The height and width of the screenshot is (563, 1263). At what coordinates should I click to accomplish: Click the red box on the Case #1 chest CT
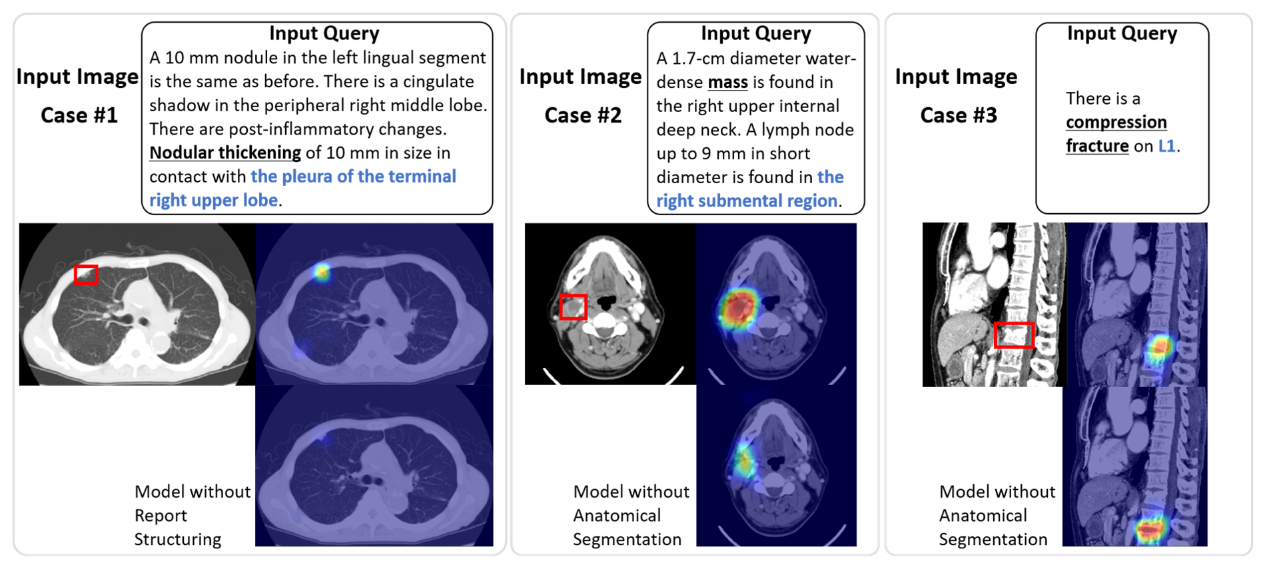point(86,267)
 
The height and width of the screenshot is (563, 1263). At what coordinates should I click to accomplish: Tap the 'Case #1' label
point(79,115)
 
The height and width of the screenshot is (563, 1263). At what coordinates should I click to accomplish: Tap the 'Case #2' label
point(583,115)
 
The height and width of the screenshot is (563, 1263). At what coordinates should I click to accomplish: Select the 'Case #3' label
point(959,115)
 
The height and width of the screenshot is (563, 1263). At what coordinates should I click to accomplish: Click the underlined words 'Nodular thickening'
point(225,153)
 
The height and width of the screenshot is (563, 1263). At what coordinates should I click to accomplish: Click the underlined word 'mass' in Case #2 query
point(727,82)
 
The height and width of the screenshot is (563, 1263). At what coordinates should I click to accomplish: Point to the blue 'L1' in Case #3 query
point(1167,146)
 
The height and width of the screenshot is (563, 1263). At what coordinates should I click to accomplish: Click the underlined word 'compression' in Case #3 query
point(1116,123)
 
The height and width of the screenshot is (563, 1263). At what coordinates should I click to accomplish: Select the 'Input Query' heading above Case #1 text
point(324,33)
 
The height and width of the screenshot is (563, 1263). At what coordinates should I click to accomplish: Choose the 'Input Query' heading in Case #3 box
point(1122,33)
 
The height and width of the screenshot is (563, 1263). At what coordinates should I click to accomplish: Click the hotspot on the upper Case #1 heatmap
point(322,271)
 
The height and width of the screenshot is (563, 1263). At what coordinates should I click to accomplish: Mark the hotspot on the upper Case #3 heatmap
point(1160,346)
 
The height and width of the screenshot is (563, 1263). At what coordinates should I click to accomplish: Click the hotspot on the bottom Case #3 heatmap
point(1150,530)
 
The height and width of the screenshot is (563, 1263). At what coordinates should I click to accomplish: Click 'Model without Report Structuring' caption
point(193,515)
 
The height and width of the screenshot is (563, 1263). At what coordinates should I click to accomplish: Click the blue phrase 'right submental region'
point(747,201)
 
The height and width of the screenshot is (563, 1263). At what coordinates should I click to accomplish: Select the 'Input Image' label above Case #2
point(581,77)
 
